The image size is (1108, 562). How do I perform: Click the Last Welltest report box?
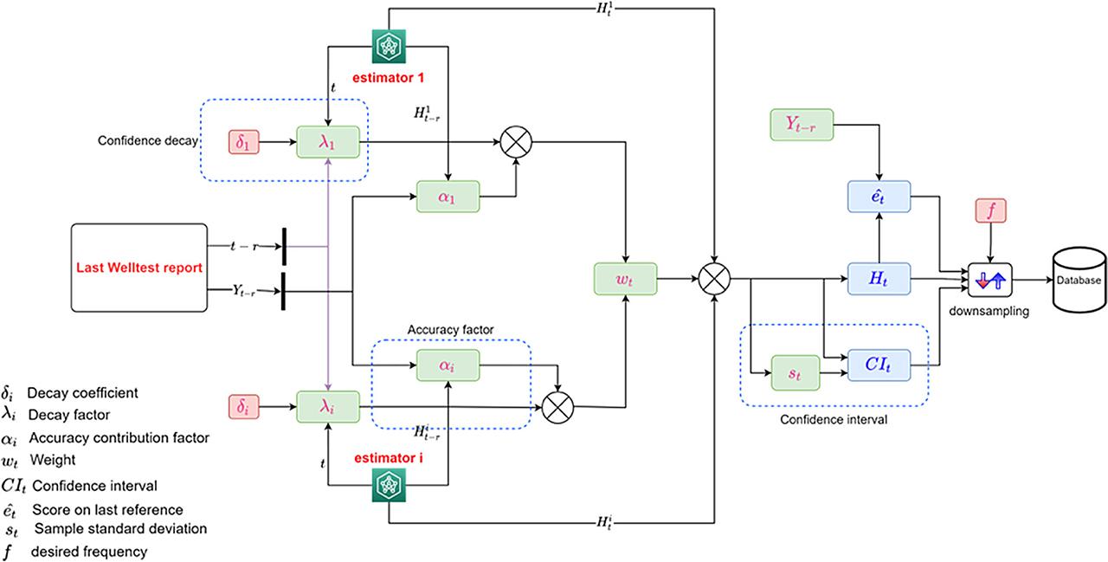[x=140, y=268]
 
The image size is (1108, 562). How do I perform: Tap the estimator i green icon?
[x=388, y=487]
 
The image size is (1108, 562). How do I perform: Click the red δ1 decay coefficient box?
[x=245, y=140]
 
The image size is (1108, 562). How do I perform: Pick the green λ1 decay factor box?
[x=328, y=140]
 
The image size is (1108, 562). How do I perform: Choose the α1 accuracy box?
[x=448, y=197]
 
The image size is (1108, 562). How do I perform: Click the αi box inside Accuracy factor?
[x=448, y=366]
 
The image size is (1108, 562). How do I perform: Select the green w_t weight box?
[x=626, y=280]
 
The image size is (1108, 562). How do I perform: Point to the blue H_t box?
[x=880, y=280]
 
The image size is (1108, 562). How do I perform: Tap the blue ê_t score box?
[x=880, y=197]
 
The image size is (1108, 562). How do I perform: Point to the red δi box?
[x=245, y=404]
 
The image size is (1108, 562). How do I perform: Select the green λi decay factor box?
[x=328, y=404]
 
